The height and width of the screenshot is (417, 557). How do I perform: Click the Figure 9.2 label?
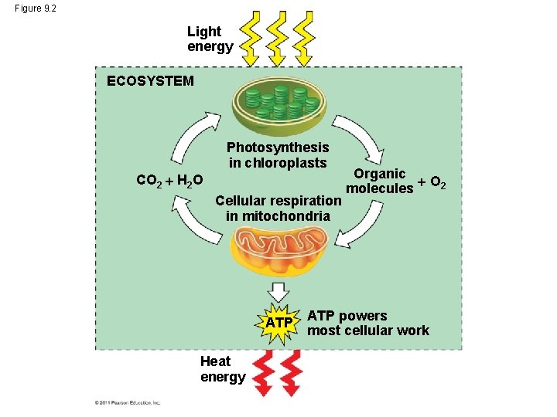pos(35,8)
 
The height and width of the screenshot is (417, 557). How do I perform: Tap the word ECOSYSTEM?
pos(150,81)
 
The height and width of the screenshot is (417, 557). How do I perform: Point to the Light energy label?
pos(210,39)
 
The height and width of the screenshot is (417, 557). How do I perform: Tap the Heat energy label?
pos(223,368)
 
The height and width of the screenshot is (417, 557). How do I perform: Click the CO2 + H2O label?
pos(169,181)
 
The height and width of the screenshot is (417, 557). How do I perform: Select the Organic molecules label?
pos(379,181)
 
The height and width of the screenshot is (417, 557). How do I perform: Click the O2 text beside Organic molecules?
pos(437,183)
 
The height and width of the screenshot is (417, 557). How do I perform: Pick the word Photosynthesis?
pos(277,147)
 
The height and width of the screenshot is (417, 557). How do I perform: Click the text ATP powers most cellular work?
pos(367,323)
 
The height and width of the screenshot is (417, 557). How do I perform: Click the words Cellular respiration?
pos(278,201)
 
